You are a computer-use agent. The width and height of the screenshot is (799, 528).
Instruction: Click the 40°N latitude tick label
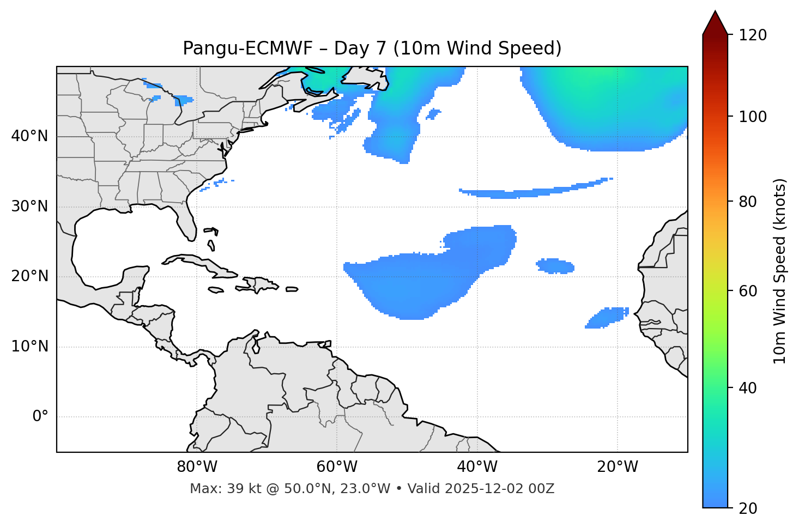pyautogui.click(x=29, y=136)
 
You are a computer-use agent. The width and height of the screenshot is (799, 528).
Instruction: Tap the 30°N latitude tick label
pyautogui.click(x=29, y=207)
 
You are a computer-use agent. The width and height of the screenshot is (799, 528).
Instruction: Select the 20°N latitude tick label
pyautogui.click(x=29, y=276)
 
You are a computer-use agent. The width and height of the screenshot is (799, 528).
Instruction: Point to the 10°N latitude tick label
pyautogui.click(x=29, y=347)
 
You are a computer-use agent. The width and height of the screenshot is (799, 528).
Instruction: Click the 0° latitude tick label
pyautogui.click(x=40, y=417)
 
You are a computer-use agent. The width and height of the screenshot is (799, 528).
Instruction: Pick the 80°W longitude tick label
pyautogui.click(x=197, y=467)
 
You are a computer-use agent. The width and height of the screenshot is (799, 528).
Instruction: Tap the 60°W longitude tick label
pyautogui.click(x=337, y=467)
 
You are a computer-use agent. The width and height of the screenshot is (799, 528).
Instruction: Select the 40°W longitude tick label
pyautogui.click(x=477, y=467)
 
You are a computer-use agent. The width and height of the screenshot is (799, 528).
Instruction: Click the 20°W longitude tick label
pyautogui.click(x=618, y=467)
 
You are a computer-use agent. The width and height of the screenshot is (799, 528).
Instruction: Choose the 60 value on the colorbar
pyautogui.click(x=748, y=291)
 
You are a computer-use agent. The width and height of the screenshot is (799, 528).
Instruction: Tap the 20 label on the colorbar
pyautogui.click(x=748, y=508)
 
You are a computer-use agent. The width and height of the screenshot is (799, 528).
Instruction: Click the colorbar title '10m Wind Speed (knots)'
pyautogui.click(x=780, y=271)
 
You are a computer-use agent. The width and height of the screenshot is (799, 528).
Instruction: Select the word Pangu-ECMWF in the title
pyautogui.click(x=247, y=48)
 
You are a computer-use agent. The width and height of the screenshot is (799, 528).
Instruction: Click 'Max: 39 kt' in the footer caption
pyautogui.click(x=216, y=489)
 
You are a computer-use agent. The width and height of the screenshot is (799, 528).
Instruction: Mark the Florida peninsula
pyautogui.click(x=186, y=221)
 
